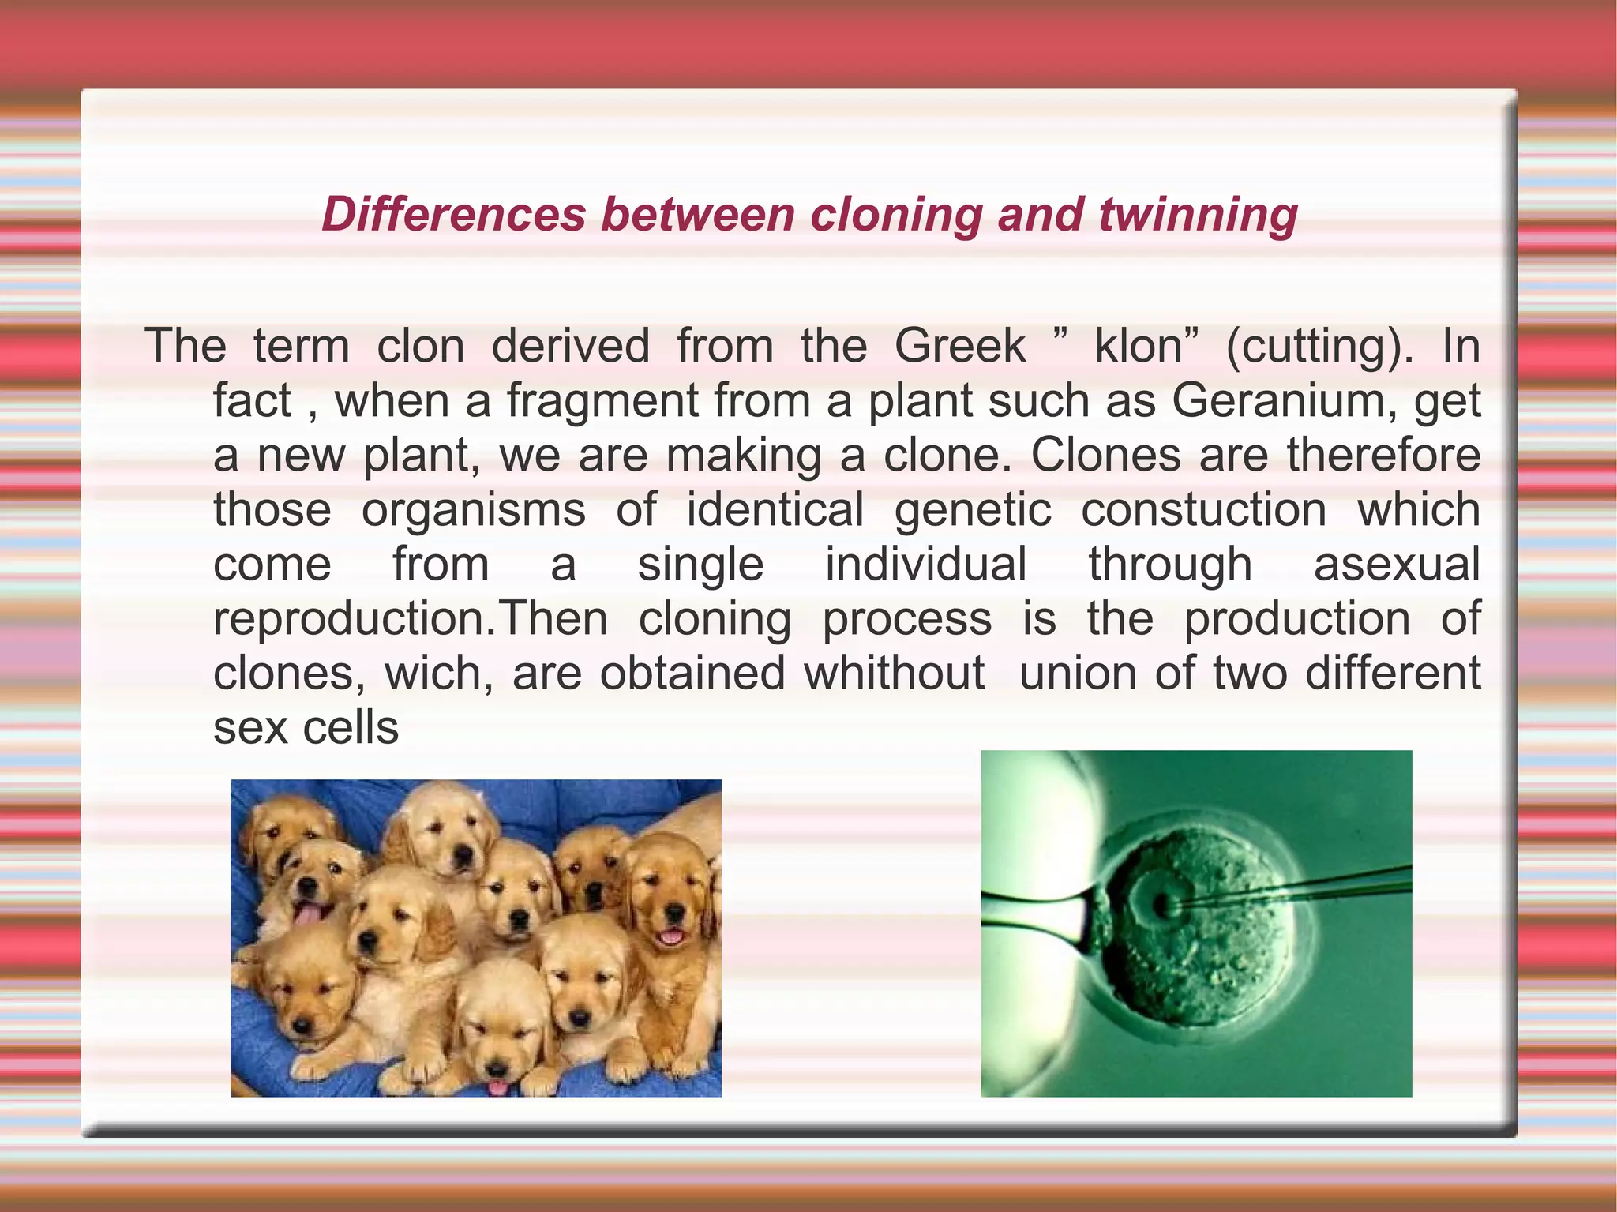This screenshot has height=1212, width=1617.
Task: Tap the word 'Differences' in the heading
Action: (453, 215)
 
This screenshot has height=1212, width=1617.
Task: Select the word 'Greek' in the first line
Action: (959, 346)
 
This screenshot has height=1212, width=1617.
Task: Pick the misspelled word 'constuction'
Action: (1203, 509)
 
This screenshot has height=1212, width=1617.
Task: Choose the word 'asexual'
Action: (1396, 564)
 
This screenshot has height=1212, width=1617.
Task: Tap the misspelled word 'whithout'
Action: (894, 673)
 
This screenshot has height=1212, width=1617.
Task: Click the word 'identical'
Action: (775, 509)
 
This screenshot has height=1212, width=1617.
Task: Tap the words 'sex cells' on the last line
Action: (306, 727)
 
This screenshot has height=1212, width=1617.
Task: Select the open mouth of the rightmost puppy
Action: (671, 937)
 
